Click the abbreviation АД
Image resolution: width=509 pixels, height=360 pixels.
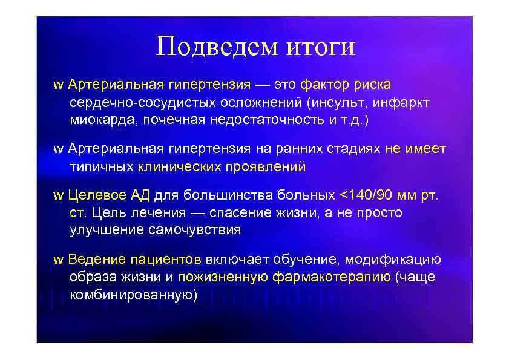pos(140,195)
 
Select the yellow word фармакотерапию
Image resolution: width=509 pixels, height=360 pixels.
pos(332,278)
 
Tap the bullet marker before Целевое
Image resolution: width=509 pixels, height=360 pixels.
pos(58,196)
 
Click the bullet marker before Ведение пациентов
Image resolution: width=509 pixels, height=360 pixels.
pos(58,260)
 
